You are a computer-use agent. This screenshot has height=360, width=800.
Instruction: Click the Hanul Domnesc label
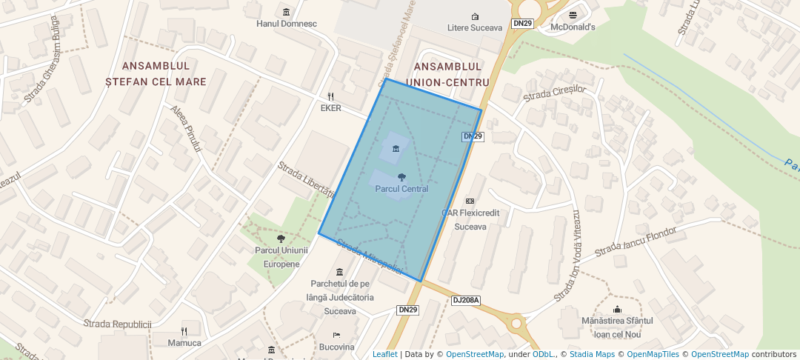coord(286,24)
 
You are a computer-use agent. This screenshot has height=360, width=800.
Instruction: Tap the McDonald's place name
coord(573,27)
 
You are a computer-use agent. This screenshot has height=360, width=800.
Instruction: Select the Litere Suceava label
coord(475,28)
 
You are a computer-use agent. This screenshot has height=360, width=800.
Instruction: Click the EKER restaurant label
coord(330,108)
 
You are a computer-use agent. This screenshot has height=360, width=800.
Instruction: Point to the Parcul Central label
coord(401,189)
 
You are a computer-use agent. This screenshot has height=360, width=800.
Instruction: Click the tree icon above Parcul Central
coord(401,177)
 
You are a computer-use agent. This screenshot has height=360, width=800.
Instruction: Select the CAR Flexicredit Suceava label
coord(470,219)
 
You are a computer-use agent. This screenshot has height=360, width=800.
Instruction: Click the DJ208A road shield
coord(466,300)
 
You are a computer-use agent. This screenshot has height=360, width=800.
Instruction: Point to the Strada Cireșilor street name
coord(554,93)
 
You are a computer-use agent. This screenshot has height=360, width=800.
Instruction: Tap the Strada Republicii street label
coord(117,324)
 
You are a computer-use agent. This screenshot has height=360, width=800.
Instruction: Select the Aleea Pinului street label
coord(186,129)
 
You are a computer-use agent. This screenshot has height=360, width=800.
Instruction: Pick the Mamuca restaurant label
coord(184,343)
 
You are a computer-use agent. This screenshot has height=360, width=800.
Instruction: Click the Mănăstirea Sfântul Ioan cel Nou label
coord(617,326)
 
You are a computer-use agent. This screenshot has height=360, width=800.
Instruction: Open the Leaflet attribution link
coord(384,354)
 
